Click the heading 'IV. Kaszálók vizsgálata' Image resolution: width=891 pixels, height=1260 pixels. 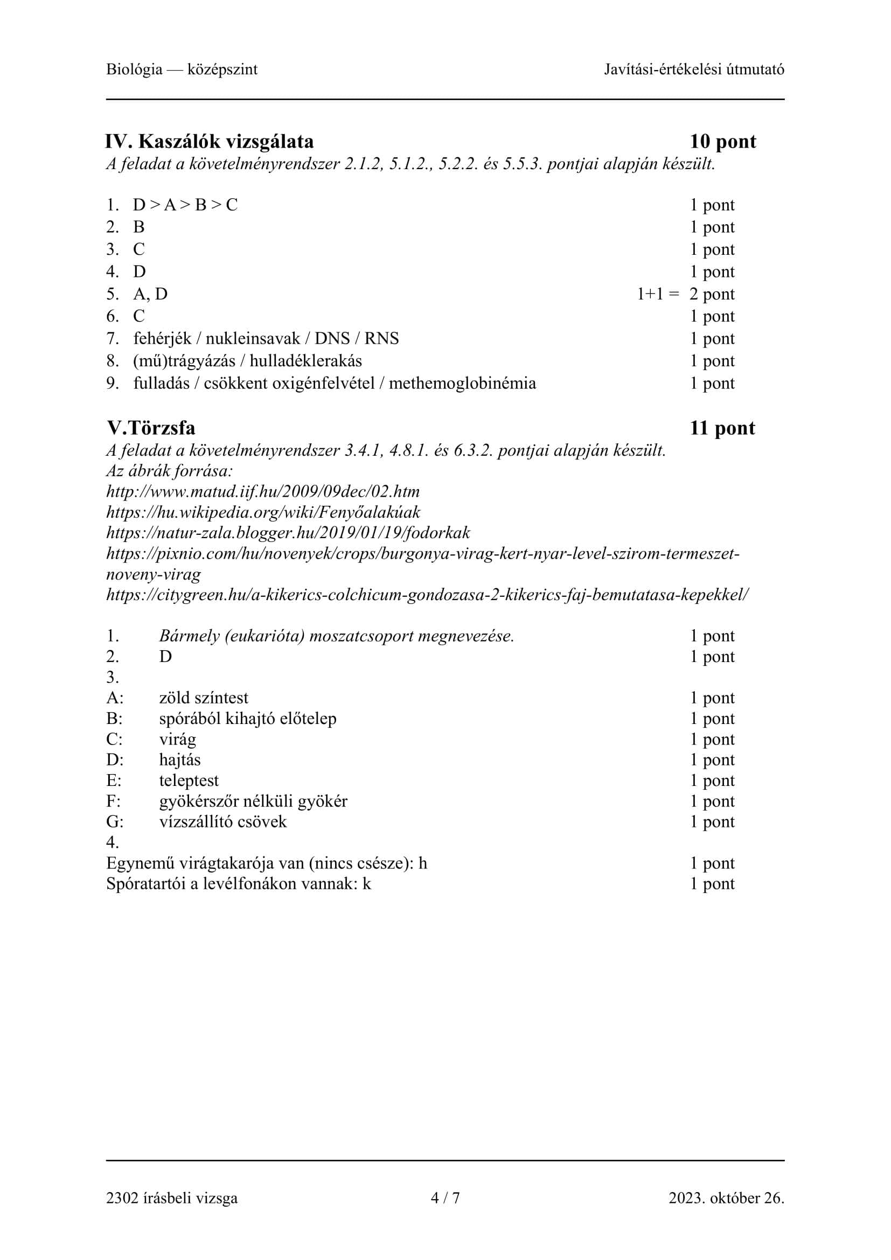[210, 142]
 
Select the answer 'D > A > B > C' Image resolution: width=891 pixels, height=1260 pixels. [185, 205]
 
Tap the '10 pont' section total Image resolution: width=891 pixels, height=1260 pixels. [722, 142]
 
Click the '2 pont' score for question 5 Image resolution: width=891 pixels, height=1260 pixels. [712, 294]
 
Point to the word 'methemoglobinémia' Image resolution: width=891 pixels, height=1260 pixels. [462, 383]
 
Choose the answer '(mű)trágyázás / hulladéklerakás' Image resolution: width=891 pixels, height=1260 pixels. [247, 360]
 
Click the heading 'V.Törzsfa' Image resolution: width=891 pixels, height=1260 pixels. [151, 428]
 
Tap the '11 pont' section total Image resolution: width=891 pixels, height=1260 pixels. [722, 428]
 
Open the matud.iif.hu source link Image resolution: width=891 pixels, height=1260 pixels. [263, 491]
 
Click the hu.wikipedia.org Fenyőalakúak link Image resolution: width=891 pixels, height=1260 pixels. [263, 512]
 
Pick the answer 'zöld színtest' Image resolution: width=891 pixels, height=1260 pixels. [204, 698]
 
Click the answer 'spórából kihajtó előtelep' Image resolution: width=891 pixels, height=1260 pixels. [247, 719]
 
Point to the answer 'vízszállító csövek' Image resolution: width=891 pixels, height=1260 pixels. [223, 822]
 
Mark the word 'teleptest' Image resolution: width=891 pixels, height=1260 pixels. [189, 781]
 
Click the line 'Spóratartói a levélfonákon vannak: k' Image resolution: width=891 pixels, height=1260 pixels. [239, 883]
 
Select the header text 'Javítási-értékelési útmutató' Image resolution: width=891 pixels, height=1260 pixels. [694, 69]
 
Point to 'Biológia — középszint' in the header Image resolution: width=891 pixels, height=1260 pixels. [182, 69]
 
